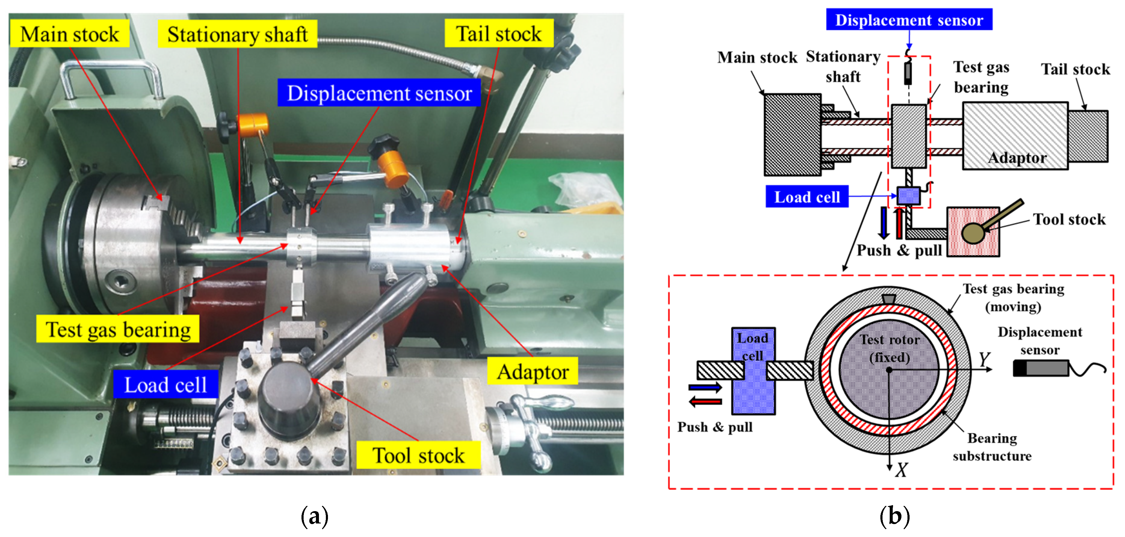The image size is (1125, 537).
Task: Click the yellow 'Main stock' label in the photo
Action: [70, 34]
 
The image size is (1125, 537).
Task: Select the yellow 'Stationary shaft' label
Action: [238, 34]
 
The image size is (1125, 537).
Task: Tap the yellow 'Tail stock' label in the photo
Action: [499, 34]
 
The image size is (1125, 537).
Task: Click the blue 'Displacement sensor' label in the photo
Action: [379, 93]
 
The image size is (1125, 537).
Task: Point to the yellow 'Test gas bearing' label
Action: [118, 329]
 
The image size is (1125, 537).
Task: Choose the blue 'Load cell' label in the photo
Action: [165, 385]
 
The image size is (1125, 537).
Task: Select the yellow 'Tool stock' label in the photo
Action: [419, 455]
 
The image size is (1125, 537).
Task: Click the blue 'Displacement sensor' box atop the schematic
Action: [909, 20]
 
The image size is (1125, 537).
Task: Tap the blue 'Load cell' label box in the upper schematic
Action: [807, 197]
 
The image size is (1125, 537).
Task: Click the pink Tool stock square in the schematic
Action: [973, 232]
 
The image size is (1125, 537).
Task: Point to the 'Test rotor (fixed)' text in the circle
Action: [890, 348]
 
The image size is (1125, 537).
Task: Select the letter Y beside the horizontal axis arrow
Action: [984, 359]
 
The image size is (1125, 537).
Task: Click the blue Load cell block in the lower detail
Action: [753, 371]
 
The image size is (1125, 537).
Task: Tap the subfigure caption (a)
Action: [314, 517]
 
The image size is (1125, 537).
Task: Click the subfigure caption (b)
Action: [895, 517]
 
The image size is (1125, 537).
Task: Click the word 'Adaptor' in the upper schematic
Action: [1017, 158]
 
